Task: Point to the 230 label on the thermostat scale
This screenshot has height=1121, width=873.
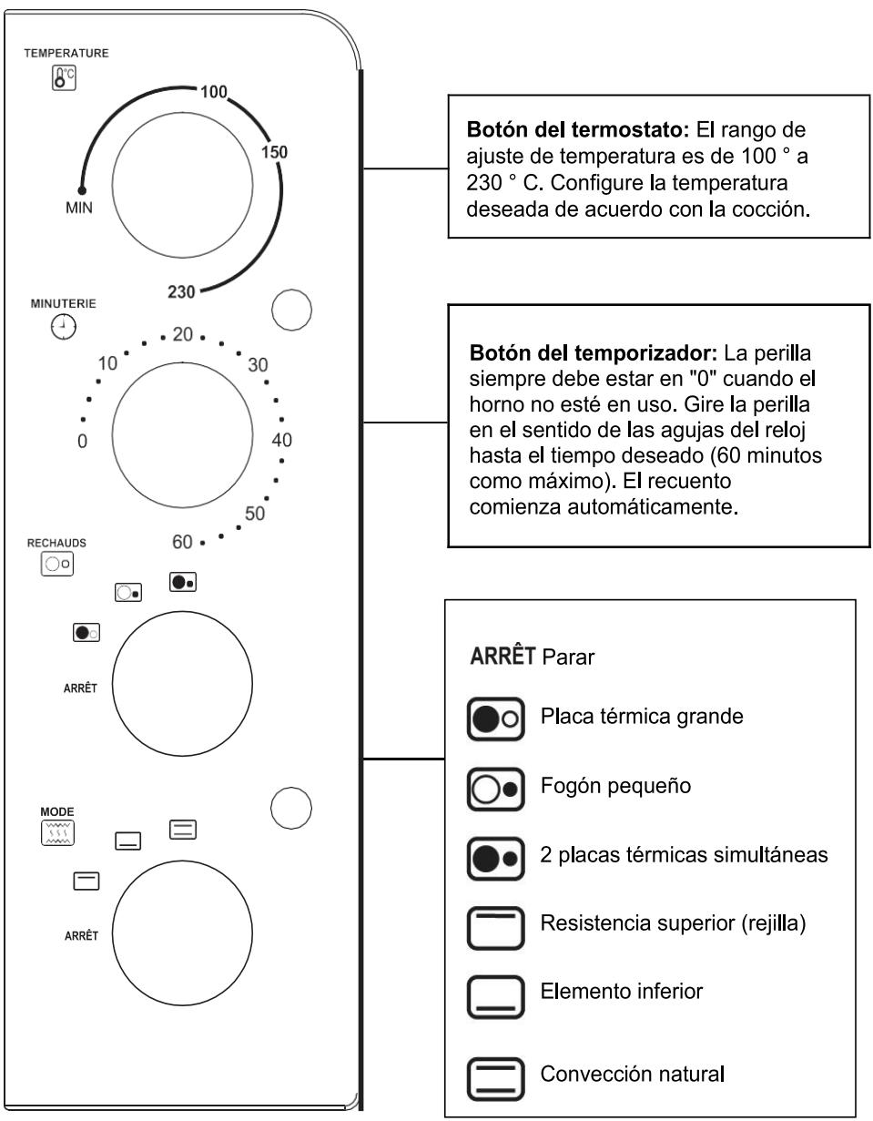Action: (181, 291)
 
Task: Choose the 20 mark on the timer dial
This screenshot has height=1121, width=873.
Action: (182, 334)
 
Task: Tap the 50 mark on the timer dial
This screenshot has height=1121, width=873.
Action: (255, 514)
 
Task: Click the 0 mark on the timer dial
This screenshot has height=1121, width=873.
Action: (82, 442)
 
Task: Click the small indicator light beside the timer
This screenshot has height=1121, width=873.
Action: (291, 308)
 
